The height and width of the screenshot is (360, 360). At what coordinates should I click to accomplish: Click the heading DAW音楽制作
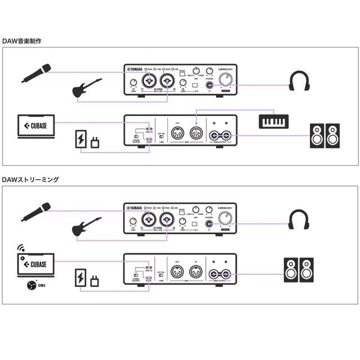click(x=22, y=41)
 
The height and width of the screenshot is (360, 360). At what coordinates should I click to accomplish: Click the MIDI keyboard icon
click(x=274, y=121)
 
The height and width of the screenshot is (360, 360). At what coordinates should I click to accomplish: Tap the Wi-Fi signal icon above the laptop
click(x=21, y=247)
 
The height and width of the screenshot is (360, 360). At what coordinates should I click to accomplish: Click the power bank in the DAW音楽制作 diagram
click(x=82, y=139)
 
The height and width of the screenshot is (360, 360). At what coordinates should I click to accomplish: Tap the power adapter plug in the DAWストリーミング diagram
click(x=97, y=278)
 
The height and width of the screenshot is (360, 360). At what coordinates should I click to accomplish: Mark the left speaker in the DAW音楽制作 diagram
click(x=317, y=135)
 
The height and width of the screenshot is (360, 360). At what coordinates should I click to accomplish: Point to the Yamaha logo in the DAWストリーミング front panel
click(x=134, y=207)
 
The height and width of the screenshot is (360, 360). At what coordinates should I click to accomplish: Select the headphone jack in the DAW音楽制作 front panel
click(x=210, y=86)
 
